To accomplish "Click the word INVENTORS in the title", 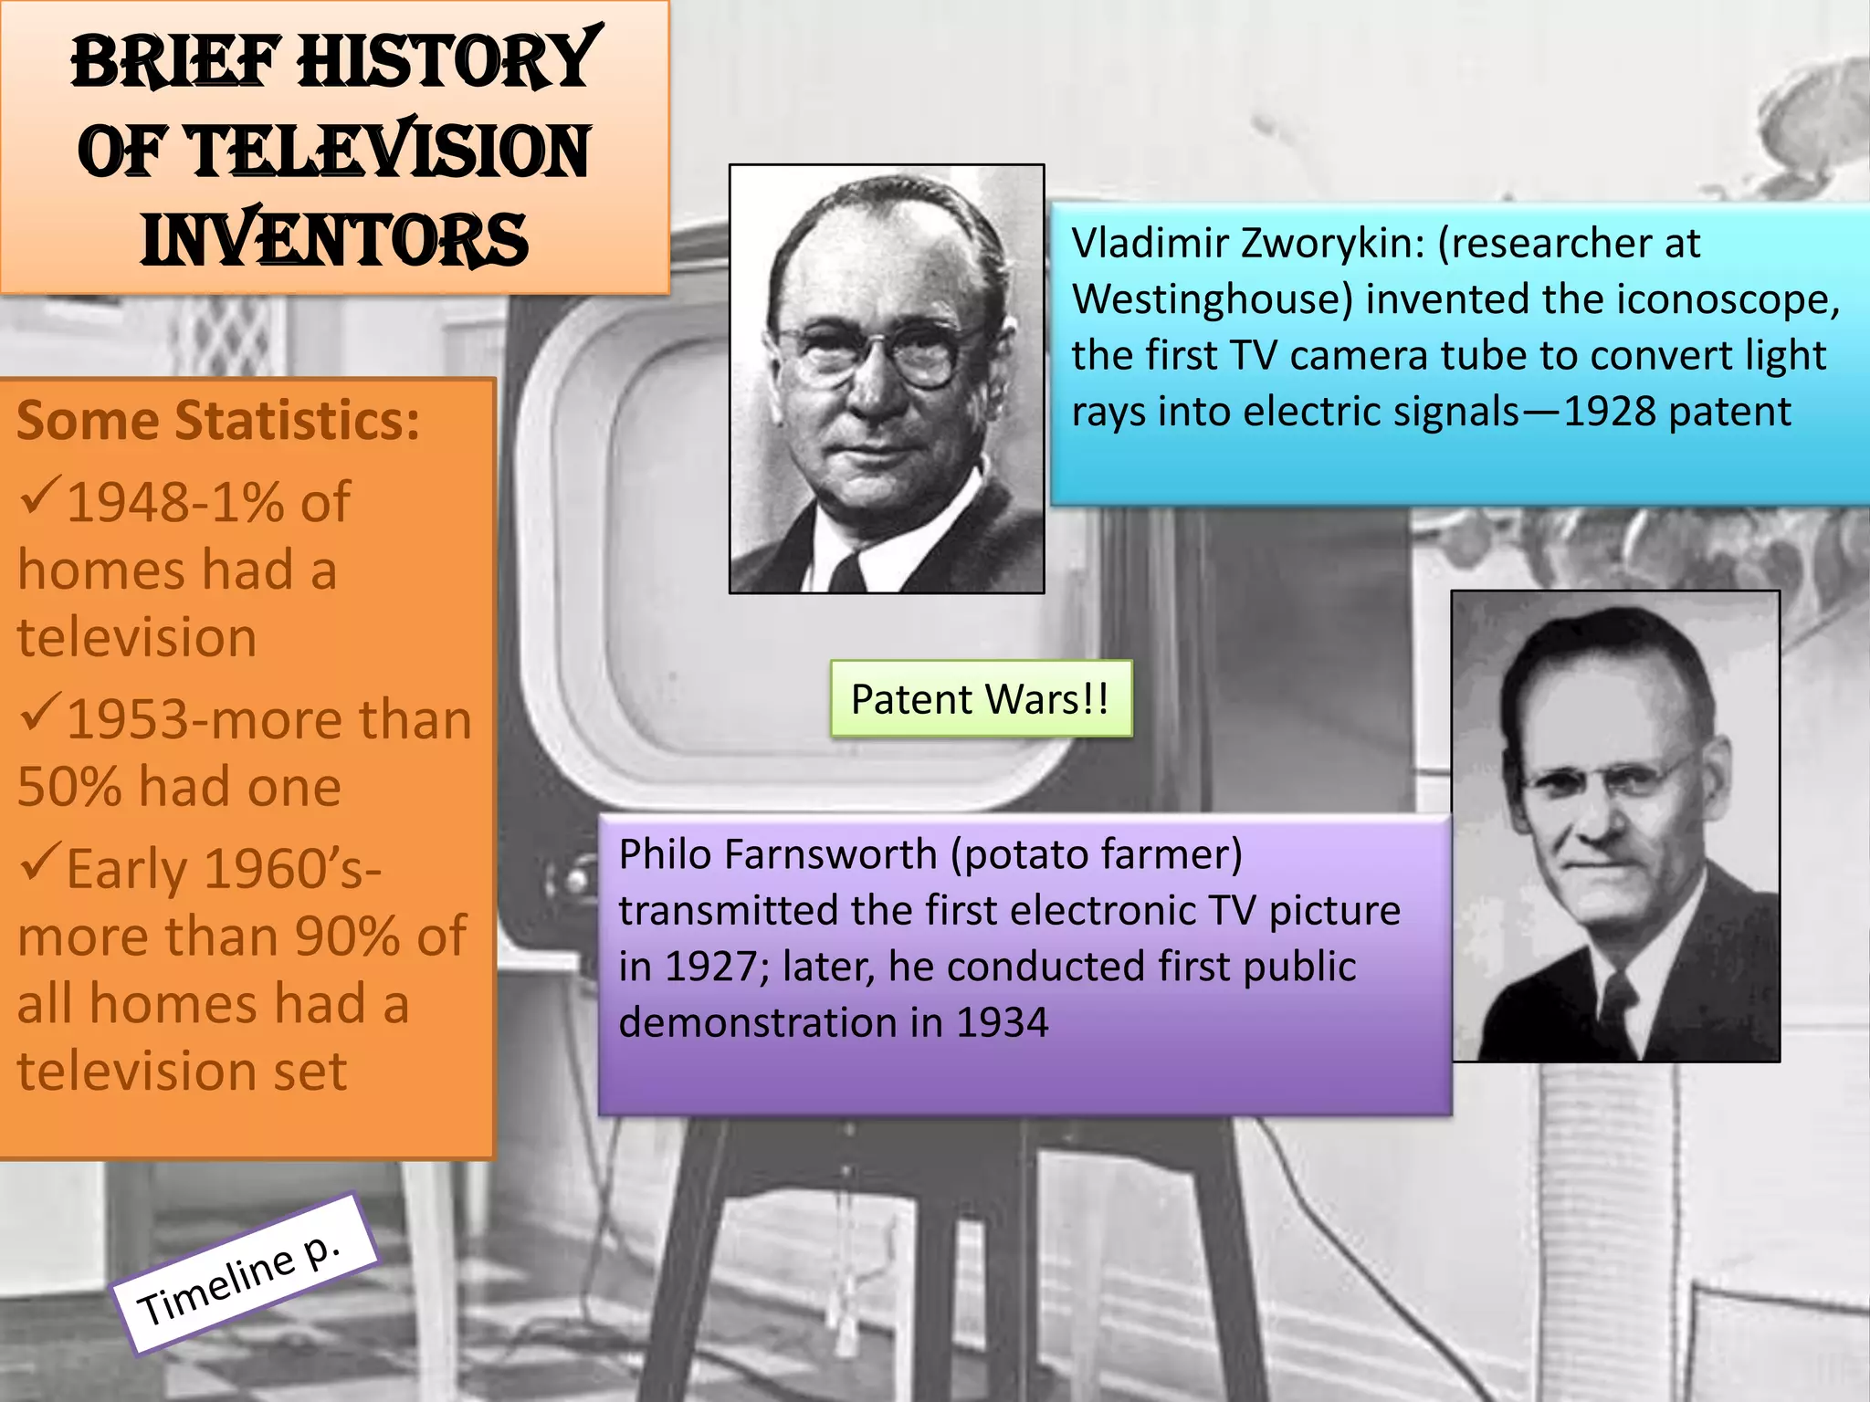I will coord(334,240).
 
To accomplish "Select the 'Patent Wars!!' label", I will coord(980,699).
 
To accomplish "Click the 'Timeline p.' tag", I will coord(244,1275).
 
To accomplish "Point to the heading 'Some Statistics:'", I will coord(218,421).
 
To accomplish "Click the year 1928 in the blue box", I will coord(1611,412).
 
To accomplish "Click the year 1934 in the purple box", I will coord(1002,1023).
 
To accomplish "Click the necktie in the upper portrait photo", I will coord(848,572).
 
